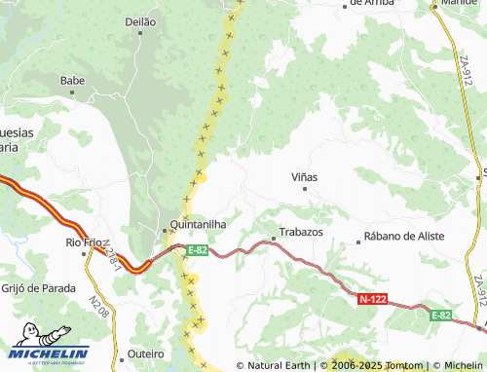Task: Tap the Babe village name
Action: point(73,80)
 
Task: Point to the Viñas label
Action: point(305,177)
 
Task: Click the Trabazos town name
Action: point(301,233)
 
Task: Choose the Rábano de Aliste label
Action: point(403,237)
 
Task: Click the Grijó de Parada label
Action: point(38,287)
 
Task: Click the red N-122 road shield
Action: point(372,300)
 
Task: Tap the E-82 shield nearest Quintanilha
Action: point(197,250)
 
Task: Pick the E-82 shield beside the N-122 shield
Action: point(442,315)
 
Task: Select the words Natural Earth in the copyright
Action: point(279,365)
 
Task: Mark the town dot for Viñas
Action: point(305,189)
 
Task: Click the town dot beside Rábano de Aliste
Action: point(358,238)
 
